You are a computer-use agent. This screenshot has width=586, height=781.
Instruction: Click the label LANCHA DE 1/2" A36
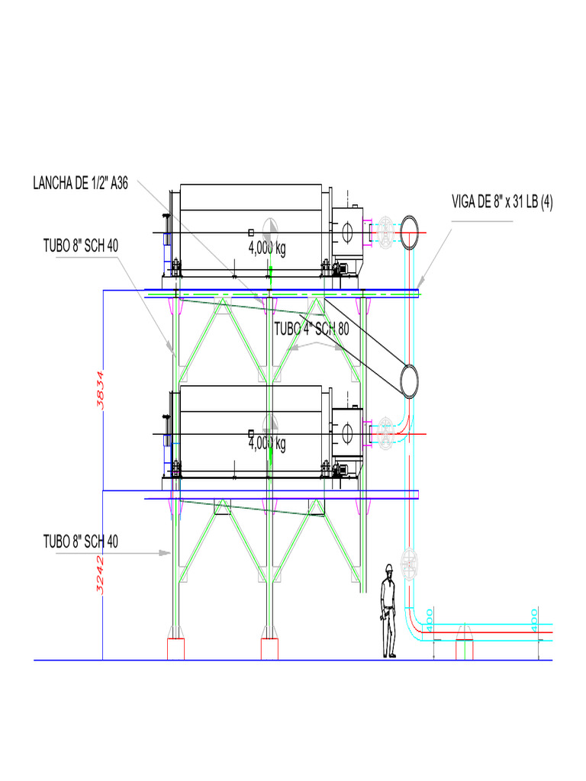click(x=81, y=184)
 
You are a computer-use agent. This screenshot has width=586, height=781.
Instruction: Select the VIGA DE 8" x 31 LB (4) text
click(x=503, y=202)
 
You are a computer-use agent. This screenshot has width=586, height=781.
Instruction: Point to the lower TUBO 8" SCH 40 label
click(x=81, y=542)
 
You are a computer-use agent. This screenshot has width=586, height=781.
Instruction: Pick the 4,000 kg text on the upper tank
click(x=267, y=249)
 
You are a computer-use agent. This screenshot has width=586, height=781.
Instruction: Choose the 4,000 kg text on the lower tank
click(x=267, y=443)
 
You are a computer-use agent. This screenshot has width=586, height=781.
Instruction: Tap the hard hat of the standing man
click(x=389, y=567)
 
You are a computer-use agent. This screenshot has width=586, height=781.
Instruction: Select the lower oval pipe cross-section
click(x=410, y=379)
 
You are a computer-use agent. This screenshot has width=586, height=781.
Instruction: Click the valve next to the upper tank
click(x=386, y=232)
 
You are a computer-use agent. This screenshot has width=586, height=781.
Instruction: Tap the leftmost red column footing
click(x=176, y=649)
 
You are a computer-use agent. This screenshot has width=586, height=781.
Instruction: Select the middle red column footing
click(x=269, y=649)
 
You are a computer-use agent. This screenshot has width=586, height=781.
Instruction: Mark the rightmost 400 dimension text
click(x=534, y=616)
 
